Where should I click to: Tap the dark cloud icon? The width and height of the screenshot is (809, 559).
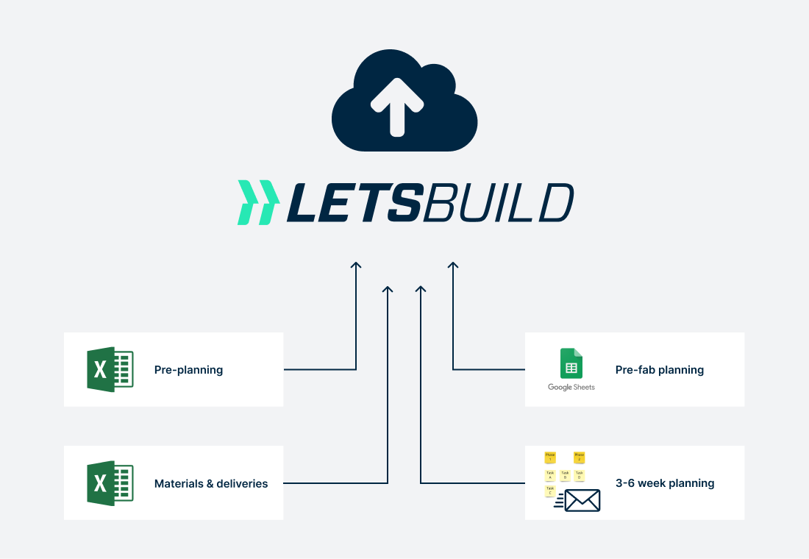(x=441, y=125)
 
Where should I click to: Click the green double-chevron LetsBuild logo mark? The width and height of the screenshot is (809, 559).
(x=257, y=202)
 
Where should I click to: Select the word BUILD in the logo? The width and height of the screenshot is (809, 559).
(x=497, y=202)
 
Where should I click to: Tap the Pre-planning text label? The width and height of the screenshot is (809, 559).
(x=188, y=370)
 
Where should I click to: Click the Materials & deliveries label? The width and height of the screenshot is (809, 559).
(x=211, y=483)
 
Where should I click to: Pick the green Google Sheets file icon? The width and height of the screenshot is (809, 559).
(x=571, y=363)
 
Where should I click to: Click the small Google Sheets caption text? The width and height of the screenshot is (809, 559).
(x=571, y=387)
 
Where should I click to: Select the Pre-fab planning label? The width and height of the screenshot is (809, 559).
(x=660, y=370)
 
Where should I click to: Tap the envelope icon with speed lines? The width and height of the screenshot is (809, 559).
(x=581, y=500)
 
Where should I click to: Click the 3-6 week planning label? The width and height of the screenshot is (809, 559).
(x=665, y=483)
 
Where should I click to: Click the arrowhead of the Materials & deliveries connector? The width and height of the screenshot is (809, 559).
(x=388, y=289)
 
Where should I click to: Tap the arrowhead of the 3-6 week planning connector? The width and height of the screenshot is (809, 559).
(x=421, y=289)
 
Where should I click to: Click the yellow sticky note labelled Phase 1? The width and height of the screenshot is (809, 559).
(x=549, y=457)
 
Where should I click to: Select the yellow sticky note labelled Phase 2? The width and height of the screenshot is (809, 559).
(x=579, y=457)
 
